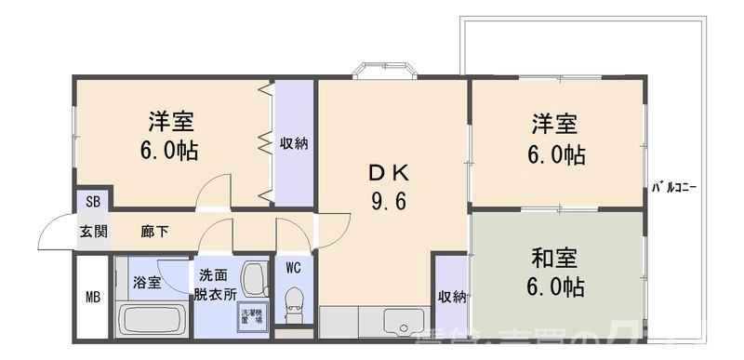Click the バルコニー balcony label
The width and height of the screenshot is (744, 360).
674,187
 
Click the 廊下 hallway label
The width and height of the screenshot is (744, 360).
154,231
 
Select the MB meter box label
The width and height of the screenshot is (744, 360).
92,299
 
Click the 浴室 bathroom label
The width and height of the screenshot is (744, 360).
146,282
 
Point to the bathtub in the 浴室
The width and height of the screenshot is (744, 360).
153,321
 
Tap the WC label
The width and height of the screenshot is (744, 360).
294,269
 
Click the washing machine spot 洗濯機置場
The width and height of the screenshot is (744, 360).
251,314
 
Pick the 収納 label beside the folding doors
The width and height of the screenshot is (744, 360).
294,144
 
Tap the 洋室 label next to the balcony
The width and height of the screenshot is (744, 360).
555,125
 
